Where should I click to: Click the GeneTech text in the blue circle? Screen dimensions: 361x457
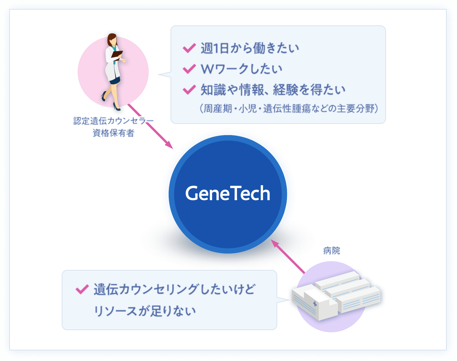(x=228, y=193)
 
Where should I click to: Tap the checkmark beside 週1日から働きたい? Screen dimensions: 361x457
(x=189, y=48)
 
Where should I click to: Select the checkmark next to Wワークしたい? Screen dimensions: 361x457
(x=189, y=69)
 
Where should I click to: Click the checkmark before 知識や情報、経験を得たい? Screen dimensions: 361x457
(x=189, y=90)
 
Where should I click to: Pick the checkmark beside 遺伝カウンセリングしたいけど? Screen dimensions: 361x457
(x=82, y=289)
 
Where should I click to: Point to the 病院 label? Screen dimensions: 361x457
(x=332, y=251)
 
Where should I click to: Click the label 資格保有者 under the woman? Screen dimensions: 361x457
(x=113, y=133)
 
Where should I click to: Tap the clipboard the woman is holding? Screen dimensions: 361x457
(x=117, y=54)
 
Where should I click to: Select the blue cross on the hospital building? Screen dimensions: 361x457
(x=315, y=304)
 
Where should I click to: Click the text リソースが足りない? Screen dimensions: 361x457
(x=145, y=311)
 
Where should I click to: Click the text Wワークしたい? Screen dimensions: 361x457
(x=242, y=69)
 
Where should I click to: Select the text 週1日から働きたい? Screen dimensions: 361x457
(x=250, y=48)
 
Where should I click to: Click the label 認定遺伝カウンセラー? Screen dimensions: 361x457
(x=113, y=121)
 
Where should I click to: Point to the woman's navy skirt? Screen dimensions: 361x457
(x=115, y=81)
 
